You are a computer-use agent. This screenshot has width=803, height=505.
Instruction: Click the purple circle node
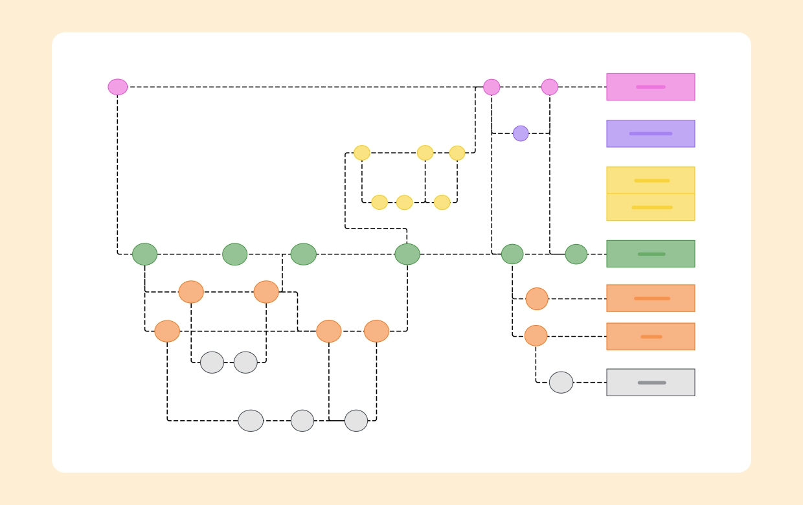pos(521,133)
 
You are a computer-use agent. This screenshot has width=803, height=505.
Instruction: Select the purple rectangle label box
pos(650,133)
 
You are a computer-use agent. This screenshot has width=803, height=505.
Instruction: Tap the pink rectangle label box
pos(650,87)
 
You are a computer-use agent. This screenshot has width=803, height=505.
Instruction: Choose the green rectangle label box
pos(650,254)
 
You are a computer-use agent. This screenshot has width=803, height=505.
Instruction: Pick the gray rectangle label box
pos(650,383)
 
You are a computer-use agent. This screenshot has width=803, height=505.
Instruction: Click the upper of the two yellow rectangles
pos(650,181)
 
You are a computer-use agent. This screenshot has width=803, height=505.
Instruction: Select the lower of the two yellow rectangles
pos(650,207)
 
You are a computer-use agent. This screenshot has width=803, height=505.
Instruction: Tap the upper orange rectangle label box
pos(650,298)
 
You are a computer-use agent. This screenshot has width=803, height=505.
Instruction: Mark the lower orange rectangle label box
pos(650,337)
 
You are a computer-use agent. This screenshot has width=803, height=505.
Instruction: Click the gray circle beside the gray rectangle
pos(561,383)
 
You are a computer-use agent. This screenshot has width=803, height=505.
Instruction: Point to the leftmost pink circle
pos(118,87)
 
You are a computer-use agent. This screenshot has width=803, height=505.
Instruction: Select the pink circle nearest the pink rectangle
pos(550,87)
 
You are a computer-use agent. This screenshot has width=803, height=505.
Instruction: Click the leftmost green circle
pos(144,254)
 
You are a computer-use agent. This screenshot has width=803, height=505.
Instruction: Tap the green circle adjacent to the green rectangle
pos(576,254)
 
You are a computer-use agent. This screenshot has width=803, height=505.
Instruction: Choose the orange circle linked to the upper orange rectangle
pos(537,298)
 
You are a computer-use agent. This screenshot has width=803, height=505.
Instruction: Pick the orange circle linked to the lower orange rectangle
pos(536,335)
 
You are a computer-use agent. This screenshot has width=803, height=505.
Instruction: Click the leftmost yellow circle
pos(362,153)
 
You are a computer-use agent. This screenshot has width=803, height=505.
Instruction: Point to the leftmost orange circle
pos(167,331)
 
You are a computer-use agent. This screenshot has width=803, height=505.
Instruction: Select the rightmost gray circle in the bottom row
pos(356,421)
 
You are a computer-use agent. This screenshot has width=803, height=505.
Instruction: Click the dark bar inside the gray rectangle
pos(651,383)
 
